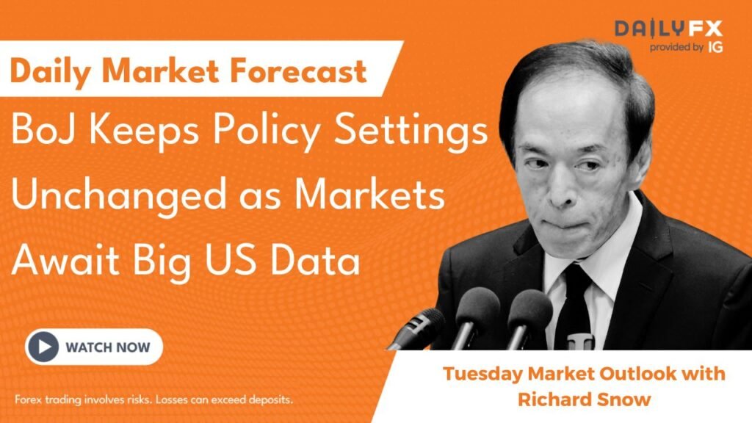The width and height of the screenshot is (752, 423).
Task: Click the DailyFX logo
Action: (668, 29)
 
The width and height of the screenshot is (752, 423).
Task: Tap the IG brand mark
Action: (715, 48)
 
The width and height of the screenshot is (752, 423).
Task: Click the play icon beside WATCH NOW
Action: (42, 347)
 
